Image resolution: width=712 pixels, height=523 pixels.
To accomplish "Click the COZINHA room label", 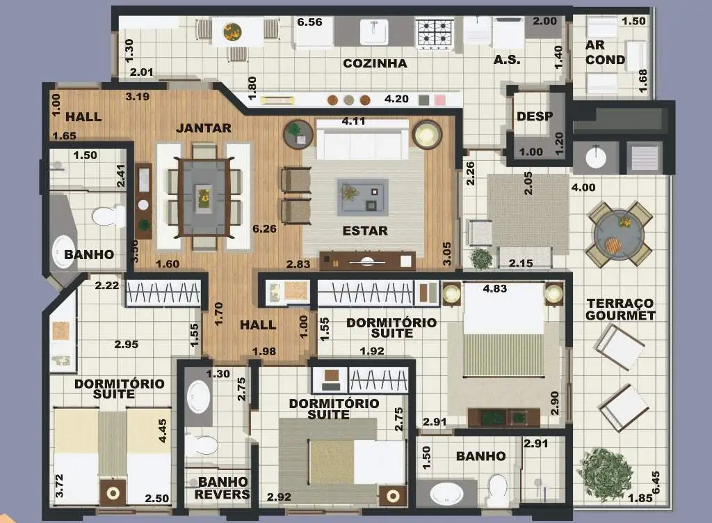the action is pos(375,63).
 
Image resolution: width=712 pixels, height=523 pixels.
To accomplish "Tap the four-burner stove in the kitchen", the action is pos(435,33).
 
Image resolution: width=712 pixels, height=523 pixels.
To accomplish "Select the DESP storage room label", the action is pos(535,116).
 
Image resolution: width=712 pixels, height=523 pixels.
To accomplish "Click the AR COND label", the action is pos(605,52).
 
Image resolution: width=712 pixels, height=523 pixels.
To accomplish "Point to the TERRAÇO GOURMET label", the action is pos(620,309).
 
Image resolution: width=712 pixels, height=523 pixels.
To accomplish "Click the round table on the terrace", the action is pos(618,234).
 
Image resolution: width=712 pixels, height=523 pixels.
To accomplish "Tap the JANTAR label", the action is pos(204,128).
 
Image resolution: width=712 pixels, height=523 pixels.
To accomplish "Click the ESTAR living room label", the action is pos(365,231).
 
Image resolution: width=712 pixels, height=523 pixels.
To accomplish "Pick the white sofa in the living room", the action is pos(362,139).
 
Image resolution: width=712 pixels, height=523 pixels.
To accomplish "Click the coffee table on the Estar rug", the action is pos(362,197).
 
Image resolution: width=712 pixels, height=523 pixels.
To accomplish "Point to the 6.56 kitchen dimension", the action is pos(309,22).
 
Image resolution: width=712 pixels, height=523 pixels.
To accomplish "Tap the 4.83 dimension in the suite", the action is pos(495,288).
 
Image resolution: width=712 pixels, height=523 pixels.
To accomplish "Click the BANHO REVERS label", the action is pos(222,488).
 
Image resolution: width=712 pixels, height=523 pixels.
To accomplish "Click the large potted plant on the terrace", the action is pos(605,473).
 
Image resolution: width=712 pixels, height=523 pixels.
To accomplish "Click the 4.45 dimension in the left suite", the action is pos(163,430).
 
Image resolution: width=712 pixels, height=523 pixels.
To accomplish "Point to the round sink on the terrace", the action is pos(596,157).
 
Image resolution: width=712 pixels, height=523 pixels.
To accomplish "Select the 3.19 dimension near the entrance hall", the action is pos(137,96).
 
